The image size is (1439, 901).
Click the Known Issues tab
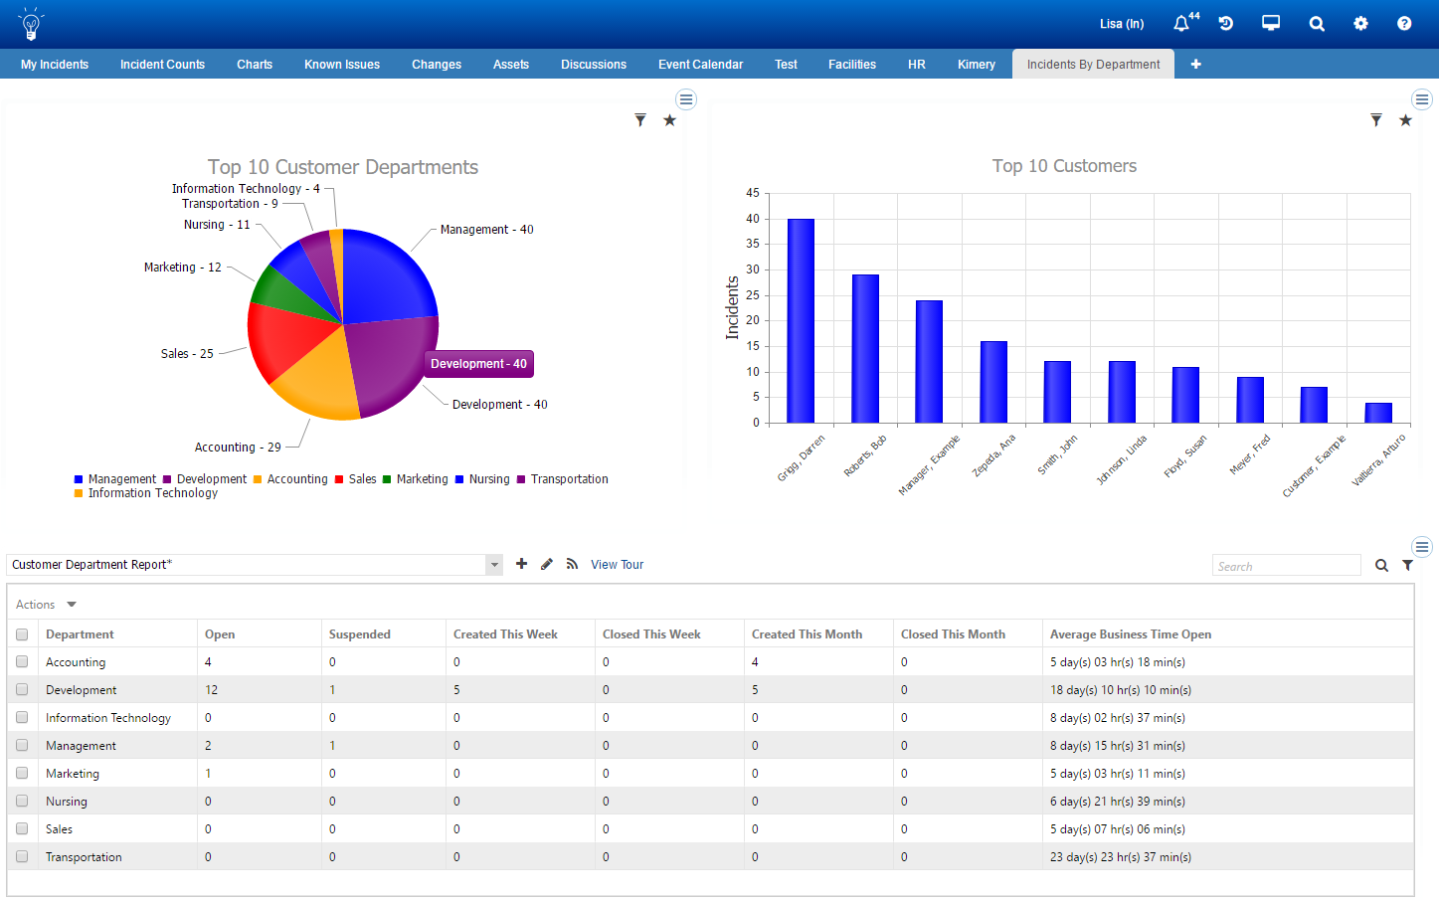(x=341, y=65)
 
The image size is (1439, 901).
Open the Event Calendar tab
(x=700, y=65)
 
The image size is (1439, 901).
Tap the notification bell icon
(x=1180, y=24)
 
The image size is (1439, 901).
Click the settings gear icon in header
(x=1360, y=24)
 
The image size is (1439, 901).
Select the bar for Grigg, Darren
(x=801, y=320)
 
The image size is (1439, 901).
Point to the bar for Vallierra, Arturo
(x=1378, y=413)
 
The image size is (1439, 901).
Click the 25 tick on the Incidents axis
(x=753, y=295)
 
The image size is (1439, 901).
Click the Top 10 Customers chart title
(x=1064, y=166)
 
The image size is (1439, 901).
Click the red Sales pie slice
(x=283, y=340)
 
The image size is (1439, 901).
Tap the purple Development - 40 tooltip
(x=478, y=364)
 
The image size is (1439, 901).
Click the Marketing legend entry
(x=422, y=479)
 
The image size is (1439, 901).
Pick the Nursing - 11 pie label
(x=217, y=225)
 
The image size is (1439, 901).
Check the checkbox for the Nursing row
(x=22, y=801)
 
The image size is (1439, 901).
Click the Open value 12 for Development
(x=211, y=690)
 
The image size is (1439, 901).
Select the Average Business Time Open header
(x=1130, y=634)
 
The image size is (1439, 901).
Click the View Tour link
(x=617, y=565)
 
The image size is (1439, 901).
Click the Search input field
(x=1285, y=566)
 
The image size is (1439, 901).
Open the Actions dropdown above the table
(x=46, y=605)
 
